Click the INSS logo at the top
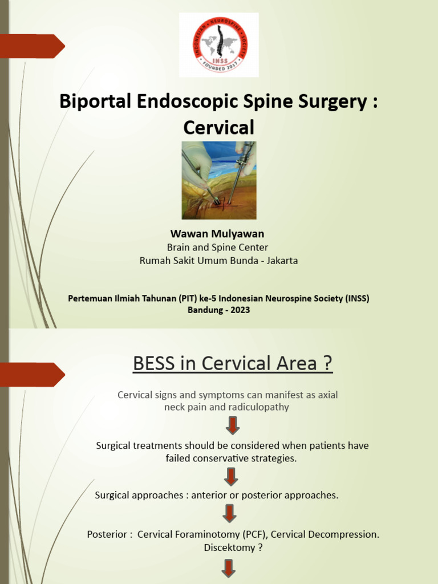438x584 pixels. click(x=219, y=45)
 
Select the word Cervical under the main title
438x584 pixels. click(x=219, y=126)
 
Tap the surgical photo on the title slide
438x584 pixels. click(x=219, y=180)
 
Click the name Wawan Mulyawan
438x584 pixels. click(x=217, y=234)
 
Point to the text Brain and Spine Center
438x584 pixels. click(x=217, y=248)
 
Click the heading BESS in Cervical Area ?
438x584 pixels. click(x=233, y=363)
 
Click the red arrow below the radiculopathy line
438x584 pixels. click(x=232, y=425)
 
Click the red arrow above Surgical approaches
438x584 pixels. click(x=231, y=477)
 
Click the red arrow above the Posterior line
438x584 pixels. click(x=229, y=513)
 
